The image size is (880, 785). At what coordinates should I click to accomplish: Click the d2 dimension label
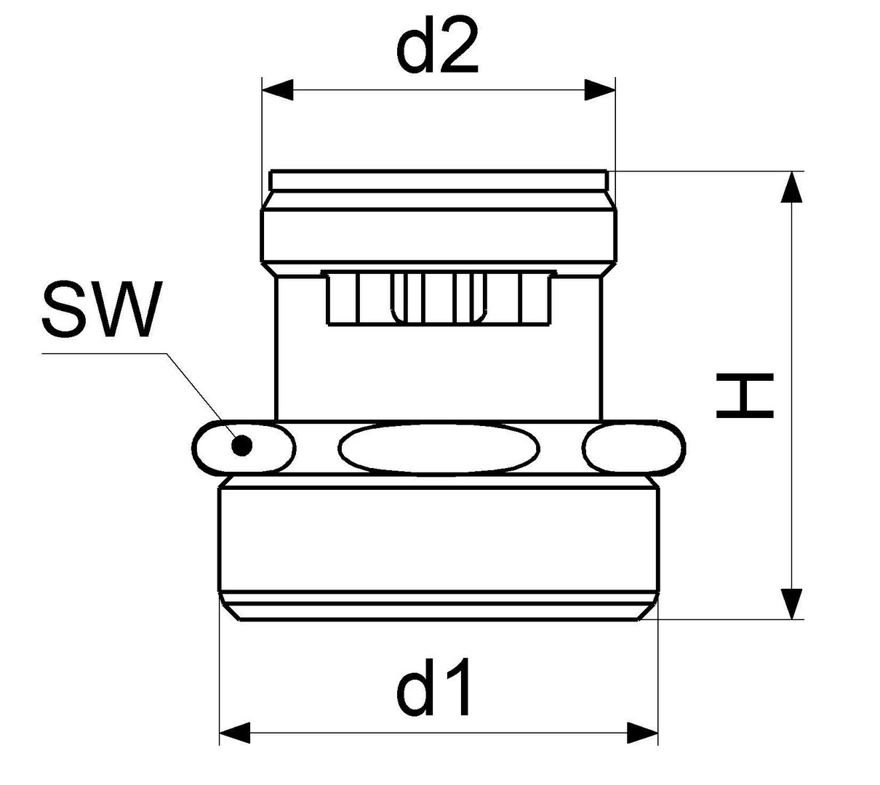[437, 47]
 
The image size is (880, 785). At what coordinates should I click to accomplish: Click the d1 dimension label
[433, 688]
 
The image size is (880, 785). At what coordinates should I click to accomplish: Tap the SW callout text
[103, 309]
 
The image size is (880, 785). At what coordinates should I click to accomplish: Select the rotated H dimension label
[745, 395]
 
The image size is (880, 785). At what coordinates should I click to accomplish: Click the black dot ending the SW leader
[241, 445]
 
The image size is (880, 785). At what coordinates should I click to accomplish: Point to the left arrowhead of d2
[277, 90]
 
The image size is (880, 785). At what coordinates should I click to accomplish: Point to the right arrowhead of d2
[600, 90]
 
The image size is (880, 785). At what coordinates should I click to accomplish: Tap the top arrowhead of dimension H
[791, 187]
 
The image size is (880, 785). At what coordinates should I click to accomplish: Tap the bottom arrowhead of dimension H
[791, 603]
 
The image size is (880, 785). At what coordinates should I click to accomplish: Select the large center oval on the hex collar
[439, 448]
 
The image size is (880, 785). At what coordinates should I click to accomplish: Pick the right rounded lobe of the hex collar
[633, 447]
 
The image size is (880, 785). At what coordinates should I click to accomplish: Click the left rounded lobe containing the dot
[244, 447]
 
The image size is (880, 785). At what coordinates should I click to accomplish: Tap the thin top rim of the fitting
[439, 180]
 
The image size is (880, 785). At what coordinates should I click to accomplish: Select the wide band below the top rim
[439, 235]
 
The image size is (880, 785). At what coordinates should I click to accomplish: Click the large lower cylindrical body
[439, 539]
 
